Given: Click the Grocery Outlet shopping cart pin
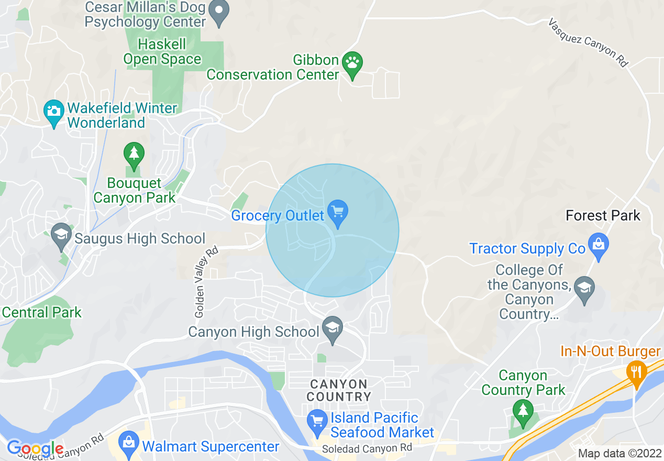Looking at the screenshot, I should [338, 213].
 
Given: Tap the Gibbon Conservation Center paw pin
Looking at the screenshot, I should [352, 64].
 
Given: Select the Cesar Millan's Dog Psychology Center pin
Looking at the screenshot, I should [219, 12].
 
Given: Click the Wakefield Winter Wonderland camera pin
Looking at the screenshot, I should [53, 112].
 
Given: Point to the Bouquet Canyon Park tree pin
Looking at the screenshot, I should [134, 155].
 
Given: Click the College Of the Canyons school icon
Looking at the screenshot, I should [584, 288].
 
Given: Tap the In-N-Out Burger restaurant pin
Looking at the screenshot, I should [636, 372].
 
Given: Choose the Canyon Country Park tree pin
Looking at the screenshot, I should [522, 411].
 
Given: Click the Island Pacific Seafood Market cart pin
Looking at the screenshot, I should [317, 422].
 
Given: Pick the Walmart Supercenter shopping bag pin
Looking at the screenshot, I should [128, 444].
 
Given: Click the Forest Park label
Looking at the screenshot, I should [603, 215].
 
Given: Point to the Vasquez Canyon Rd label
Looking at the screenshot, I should [588, 42].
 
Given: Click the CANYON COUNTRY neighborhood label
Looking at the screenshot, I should [338, 390].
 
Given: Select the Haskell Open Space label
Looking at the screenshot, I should [162, 51].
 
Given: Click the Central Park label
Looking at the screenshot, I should [42, 313].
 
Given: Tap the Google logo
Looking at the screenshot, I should [35, 448].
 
